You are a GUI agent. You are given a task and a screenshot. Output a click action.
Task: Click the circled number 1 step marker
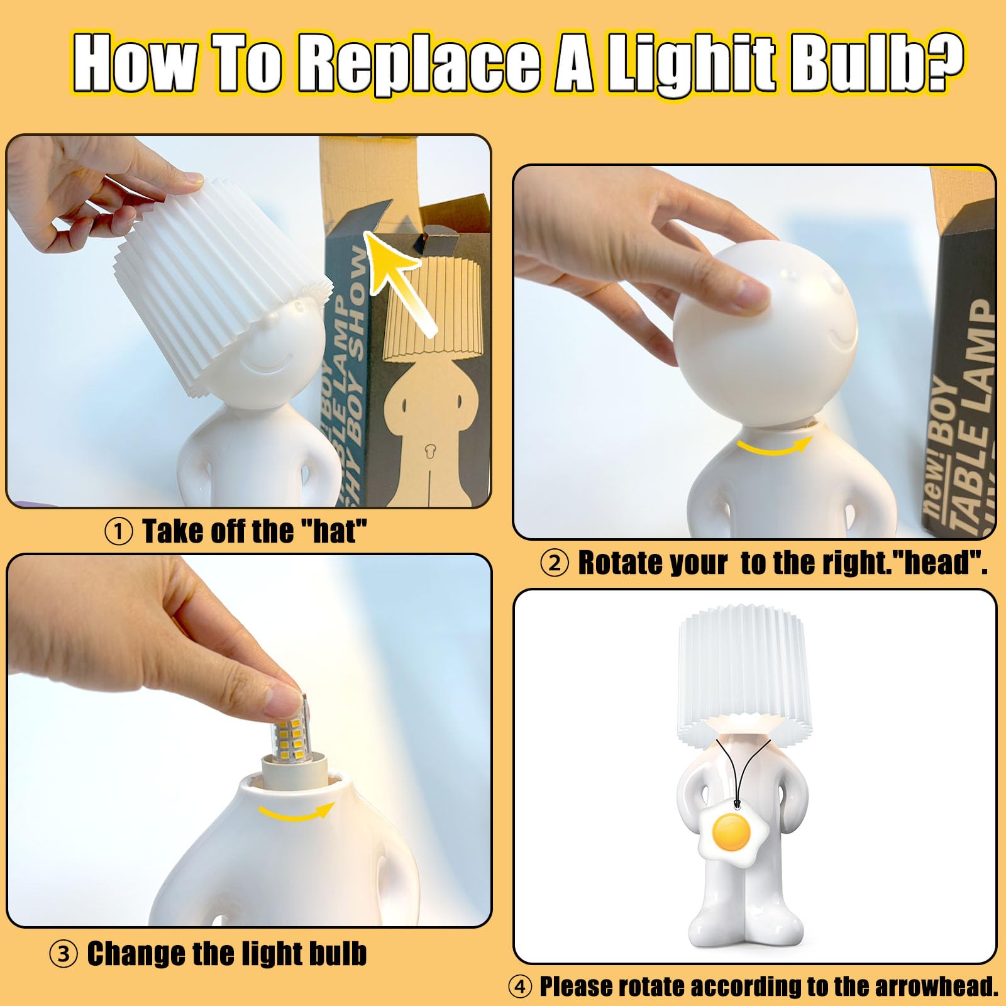(118, 532)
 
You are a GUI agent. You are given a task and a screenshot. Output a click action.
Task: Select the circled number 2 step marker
(554, 563)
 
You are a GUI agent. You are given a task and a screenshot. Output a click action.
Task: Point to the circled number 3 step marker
(63, 954)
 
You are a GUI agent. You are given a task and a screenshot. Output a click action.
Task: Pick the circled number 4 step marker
(519, 987)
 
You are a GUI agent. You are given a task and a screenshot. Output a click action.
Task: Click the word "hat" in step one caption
(334, 531)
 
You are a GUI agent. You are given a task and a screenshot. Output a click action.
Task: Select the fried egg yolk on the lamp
(732, 832)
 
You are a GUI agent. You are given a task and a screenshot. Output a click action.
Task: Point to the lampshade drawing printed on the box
(433, 307)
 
